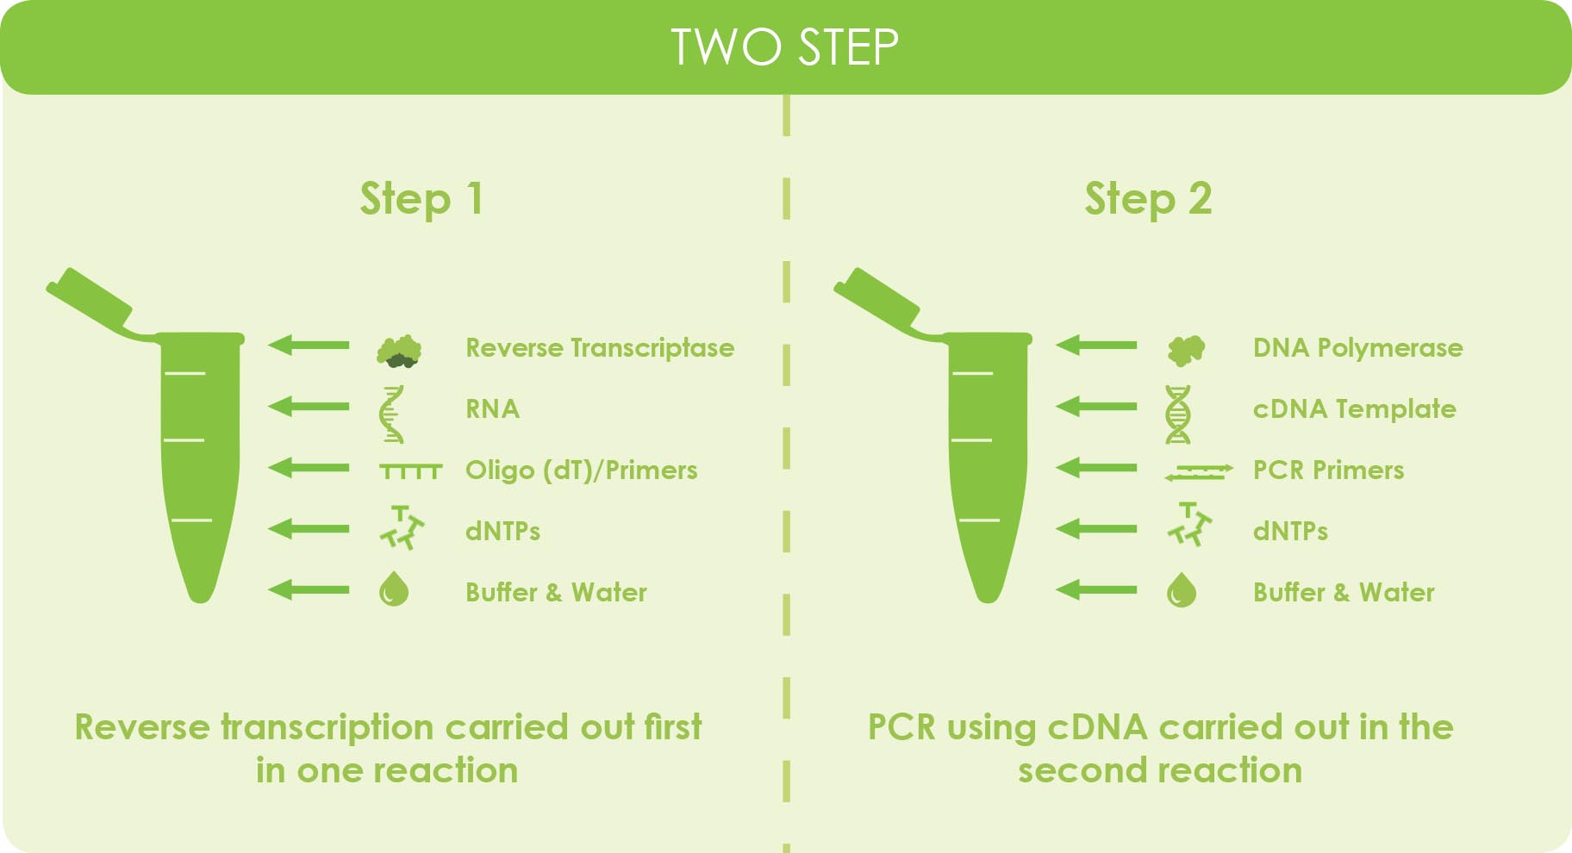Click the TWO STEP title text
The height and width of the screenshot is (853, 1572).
click(x=784, y=47)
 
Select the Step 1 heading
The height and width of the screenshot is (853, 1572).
click(x=421, y=199)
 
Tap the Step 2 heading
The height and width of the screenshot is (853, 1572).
click(x=1148, y=199)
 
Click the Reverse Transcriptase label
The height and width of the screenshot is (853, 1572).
click(x=600, y=348)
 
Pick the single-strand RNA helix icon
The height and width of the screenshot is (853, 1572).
click(x=392, y=414)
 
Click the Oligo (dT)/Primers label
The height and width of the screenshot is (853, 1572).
click(x=581, y=470)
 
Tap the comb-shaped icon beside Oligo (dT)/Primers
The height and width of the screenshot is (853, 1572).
click(x=410, y=470)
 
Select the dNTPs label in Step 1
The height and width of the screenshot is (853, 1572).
click(x=502, y=531)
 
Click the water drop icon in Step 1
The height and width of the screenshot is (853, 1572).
click(x=394, y=590)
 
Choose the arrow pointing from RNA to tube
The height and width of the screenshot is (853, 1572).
click(x=309, y=406)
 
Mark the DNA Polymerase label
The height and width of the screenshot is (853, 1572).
click(x=1357, y=348)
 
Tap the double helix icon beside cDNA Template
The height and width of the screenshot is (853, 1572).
click(x=1178, y=414)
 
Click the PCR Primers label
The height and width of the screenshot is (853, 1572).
click(x=1328, y=470)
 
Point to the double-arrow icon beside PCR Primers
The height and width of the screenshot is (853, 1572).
click(x=1198, y=471)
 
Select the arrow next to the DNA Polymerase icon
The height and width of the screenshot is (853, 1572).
click(x=1096, y=346)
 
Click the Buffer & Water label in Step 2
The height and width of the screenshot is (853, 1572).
click(x=1344, y=593)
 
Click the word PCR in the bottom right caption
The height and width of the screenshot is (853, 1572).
click(x=901, y=727)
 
